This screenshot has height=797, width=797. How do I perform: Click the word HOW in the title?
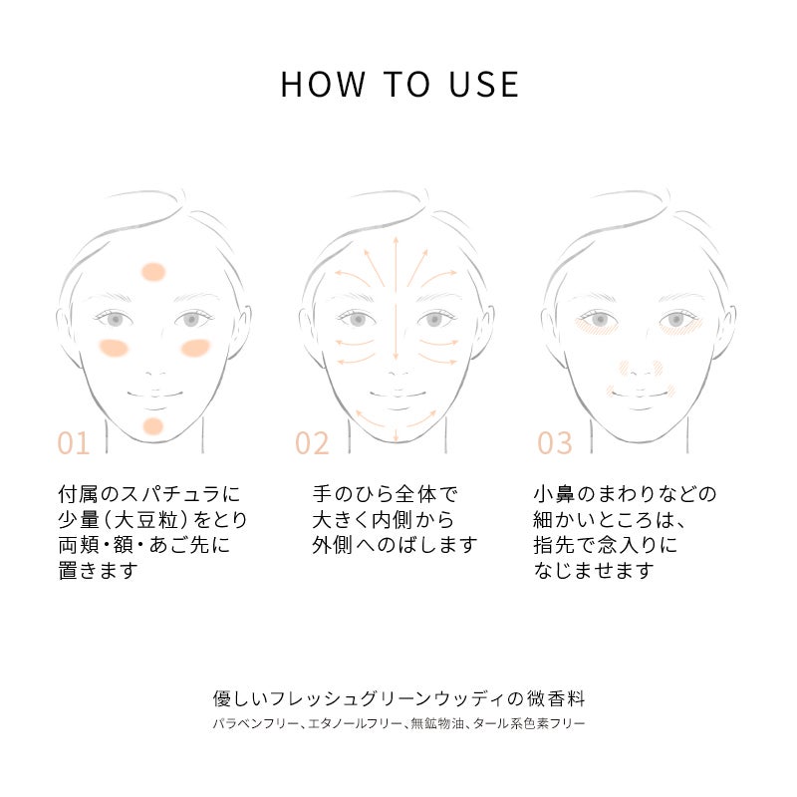pos(323,85)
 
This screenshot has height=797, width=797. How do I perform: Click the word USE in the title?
pos(484,85)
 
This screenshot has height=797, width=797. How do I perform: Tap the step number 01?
pos(74,443)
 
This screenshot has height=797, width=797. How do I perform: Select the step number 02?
pos(312,443)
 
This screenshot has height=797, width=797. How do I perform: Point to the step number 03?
pos(555,443)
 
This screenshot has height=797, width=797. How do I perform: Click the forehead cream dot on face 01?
pos(153,272)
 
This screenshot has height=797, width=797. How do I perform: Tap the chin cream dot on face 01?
pos(152,426)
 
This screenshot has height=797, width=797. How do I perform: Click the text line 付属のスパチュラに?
pos(148,494)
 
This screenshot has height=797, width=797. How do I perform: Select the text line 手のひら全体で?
pos(385,494)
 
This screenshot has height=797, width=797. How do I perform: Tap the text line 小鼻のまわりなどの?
pos(625,494)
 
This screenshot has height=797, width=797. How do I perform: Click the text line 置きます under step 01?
pos(98,570)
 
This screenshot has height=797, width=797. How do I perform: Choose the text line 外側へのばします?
pos(395,545)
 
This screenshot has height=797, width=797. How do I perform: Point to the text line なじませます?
pos(593,570)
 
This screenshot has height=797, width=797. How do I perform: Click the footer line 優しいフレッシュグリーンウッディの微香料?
pos(399,699)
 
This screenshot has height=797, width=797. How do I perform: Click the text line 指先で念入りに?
pos(606,545)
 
